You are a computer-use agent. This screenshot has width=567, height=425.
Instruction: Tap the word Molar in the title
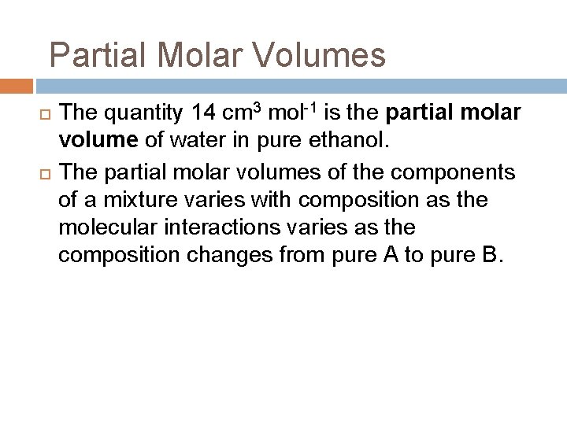(x=187, y=57)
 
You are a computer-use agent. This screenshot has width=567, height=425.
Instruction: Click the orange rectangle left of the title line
(x=17, y=86)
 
